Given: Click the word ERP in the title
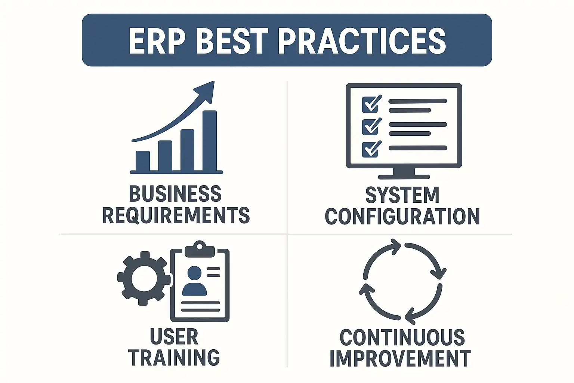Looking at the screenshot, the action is pyautogui.click(x=157, y=41).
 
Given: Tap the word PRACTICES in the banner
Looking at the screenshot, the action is pyautogui.click(x=362, y=41).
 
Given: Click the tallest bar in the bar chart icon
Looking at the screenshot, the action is pyautogui.click(x=210, y=141).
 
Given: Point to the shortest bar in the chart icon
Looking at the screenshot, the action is pyautogui.click(x=143, y=161).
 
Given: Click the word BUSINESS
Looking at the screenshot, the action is pyautogui.click(x=175, y=194).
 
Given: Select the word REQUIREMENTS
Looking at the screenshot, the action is pyautogui.click(x=176, y=216).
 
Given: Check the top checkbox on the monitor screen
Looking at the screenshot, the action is pyautogui.click(x=370, y=104).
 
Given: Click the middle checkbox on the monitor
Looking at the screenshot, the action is pyautogui.click(x=370, y=127).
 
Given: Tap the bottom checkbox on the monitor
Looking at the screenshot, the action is pyautogui.click(x=370, y=150).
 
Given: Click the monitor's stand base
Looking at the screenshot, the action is pyautogui.click(x=404, y=177).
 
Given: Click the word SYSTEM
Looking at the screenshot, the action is pyautogui.click(x=402, y=195).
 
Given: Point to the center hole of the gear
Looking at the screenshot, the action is pyautogui.click(x=144, y=279).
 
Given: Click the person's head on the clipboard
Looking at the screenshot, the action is pyautogui.click(x=194, y=273).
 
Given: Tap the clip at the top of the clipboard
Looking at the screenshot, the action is pyautogui.click(x=200, y=249).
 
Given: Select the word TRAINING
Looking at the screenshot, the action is pyautogui.click(x=174, y=357).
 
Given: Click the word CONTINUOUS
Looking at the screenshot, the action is pyautogui.click(x=402, y=337).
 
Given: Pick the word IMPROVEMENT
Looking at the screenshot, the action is pyautogui.click(x=400, y=358).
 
